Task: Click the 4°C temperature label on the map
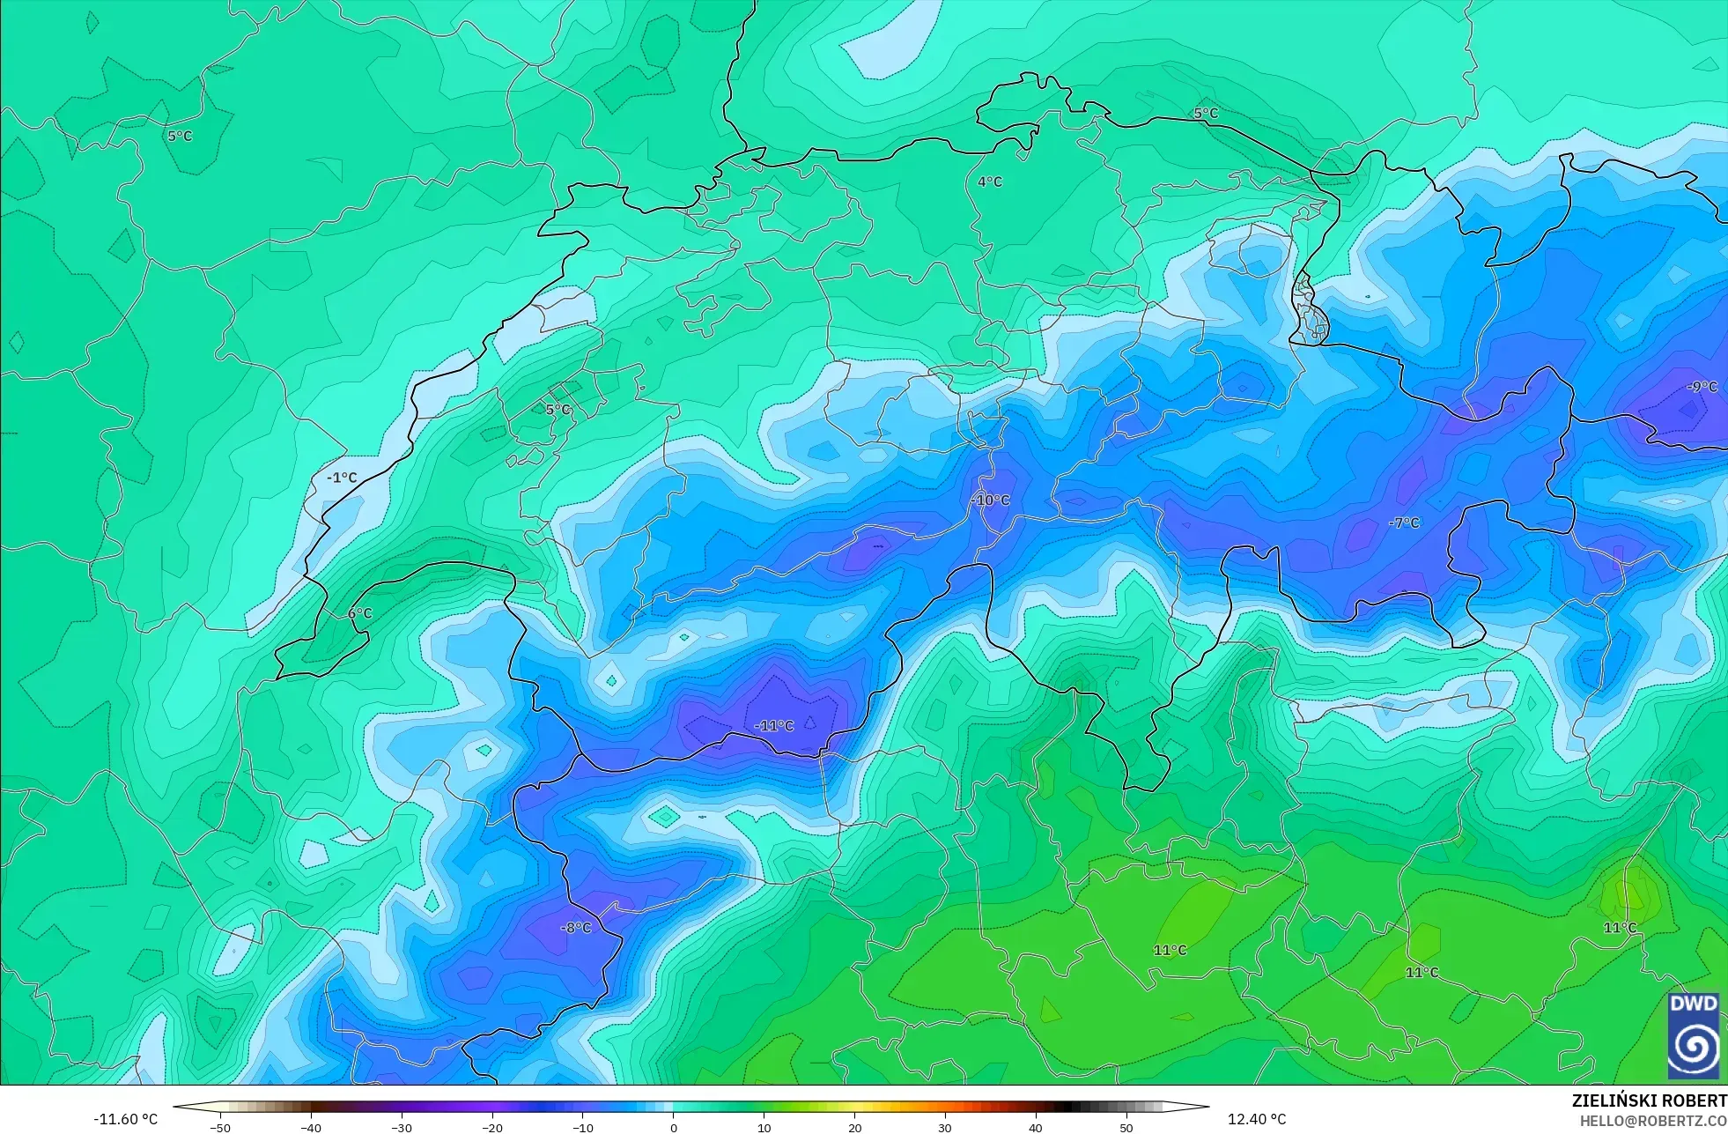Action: pos(990,182)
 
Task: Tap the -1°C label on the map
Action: pos(342,478)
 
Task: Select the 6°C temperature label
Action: pos(360,613)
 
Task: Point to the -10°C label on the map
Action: pos(991,500)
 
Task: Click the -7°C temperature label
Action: pos(1404,523)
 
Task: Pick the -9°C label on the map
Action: pos(1702,387)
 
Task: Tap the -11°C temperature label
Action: pos(774,726)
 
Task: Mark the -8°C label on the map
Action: pos(576,928)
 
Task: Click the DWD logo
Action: pos(1693,1035)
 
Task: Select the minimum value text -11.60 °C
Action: pos(126,1119)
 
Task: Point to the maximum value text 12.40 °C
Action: pos(1257,1119)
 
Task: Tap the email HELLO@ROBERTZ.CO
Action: pos(1652,1121)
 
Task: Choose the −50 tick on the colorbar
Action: pos(220,1127)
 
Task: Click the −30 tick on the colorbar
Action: pos(402,1127)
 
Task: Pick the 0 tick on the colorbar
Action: pos(674,1127)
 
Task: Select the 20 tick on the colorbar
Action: pos(854,1127)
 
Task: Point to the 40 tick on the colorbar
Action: pos(1036,1127)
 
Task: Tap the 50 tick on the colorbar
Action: pos(1126,1127)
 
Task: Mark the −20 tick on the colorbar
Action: pos(492,1127)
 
